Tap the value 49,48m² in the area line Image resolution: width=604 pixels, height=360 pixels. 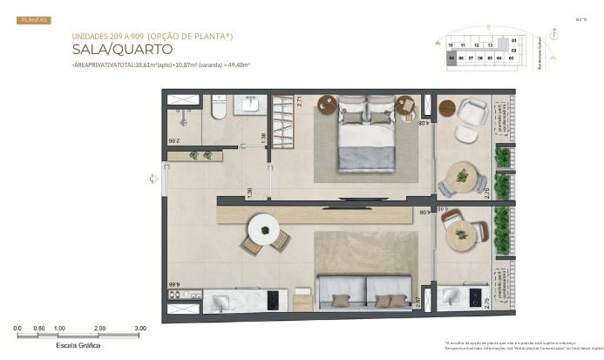(x=237, y=65)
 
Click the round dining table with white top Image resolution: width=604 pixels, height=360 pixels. (x=264, y=231)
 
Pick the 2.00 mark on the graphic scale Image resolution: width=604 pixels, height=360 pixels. (x=100, y=329)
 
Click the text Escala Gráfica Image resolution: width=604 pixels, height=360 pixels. (x=78, y=345)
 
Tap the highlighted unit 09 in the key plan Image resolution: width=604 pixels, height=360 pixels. (x=451, y=58)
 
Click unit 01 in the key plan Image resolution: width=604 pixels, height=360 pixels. (x=513, y=40)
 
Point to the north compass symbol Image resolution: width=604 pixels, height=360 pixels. (x=579, y=18)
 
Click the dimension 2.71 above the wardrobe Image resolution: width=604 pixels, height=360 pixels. (x=298, y=100)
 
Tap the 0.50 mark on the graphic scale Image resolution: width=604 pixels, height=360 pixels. (x=38, y=329)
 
